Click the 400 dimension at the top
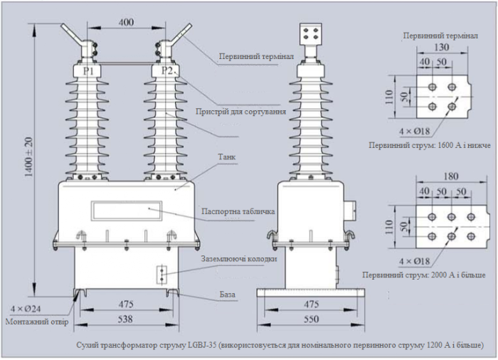click(126, 22)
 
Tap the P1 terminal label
click(89, 71)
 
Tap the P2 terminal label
click(166, 71)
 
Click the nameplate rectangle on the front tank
click(127, 210)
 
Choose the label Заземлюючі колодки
click(238, 258)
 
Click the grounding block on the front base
click(162, 275)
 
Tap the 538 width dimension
click(125, 319)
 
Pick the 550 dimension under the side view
click(310, 319)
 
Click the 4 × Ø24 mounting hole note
click(24, 309)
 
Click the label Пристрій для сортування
click(241, 112)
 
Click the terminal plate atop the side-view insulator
click(310, 36)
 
